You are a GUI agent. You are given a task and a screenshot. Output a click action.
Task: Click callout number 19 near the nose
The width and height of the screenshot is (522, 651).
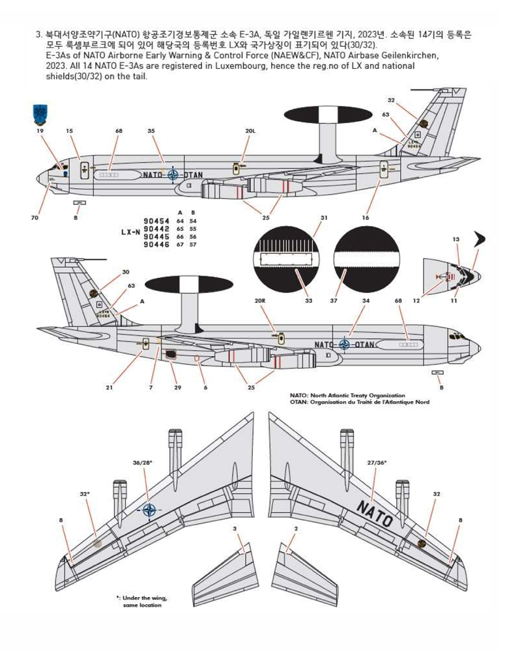40,131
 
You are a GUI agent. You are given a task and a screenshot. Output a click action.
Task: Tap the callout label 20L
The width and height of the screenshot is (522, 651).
250,131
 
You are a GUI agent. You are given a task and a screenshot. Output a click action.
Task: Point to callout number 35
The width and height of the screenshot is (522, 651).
151,131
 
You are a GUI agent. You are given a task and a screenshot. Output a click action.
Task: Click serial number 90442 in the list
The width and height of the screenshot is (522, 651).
156,229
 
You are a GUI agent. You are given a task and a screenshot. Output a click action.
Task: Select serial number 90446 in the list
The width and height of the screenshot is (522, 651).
156,245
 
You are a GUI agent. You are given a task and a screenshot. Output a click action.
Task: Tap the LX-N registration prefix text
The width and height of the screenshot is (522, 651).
130,231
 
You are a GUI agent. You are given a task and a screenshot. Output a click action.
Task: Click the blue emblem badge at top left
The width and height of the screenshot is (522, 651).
40,114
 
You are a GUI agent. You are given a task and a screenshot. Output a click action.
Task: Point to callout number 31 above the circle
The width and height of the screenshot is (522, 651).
324,217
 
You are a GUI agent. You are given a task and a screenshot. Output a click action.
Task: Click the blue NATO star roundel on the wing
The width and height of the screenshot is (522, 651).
149,511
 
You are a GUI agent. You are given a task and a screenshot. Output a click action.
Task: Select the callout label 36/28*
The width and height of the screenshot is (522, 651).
142,462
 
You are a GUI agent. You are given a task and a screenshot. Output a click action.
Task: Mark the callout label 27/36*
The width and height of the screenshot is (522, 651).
376,462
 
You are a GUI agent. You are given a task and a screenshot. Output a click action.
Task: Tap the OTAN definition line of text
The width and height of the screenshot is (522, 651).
359,402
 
